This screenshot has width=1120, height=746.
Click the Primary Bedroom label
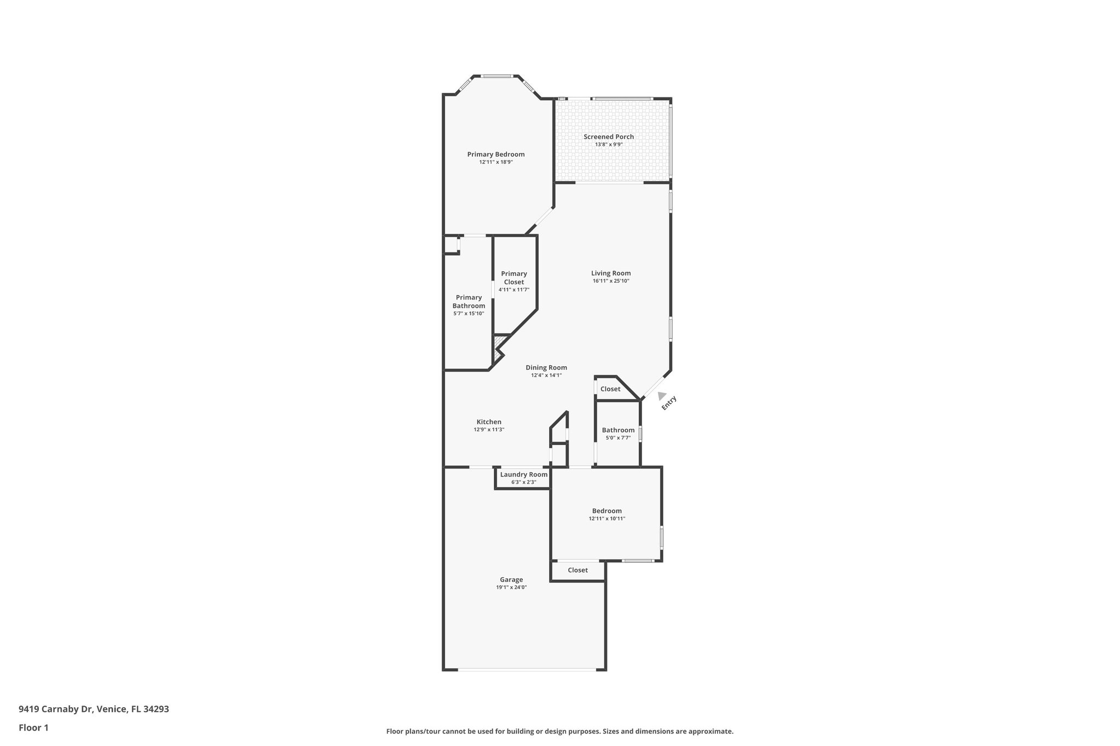[x=495, y=154]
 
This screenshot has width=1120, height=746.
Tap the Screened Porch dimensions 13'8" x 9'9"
[x=609, y=144]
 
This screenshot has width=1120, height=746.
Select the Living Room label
[x=610, y=273]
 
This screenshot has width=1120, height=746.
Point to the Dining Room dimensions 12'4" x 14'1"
[x=546, y=375]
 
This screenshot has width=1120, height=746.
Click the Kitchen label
[x=488, y=422]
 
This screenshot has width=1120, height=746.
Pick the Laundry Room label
[x=523, y=474]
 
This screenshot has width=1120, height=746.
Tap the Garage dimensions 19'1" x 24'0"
[x=511, y=588]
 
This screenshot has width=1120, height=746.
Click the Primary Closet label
[x=514, y=278]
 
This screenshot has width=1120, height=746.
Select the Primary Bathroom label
[x=468, y=302]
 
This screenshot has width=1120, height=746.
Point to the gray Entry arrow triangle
[x=662, y=396]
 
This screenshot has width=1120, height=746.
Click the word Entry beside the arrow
[x=669, y=403]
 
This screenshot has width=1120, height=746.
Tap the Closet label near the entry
[x=610, y=389]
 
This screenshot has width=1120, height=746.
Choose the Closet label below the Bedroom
[x=577, y=570]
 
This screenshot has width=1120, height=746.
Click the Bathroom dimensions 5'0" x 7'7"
[x=618, y=438]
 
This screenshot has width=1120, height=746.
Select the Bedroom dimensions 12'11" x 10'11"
[x=606, y=519]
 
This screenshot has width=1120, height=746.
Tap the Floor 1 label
[x=33, y=728]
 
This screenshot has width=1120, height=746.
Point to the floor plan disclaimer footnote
[x=559, y=731]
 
